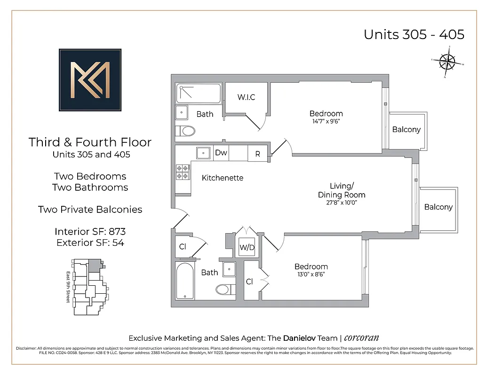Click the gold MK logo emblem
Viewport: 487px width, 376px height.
(x=90, y=80)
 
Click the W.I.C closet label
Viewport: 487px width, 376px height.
(x=246, y=97)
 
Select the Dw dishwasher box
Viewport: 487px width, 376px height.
(x=221, y=153)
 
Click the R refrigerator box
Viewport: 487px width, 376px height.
(x=258, y=154)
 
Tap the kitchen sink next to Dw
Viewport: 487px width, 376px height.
(x=203, y=153)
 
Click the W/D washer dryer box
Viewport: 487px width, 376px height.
(x=247, y=247)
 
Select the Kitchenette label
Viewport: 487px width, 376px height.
(x=223, y=178)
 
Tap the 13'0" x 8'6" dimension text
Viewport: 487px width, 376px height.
(x=311, y=274)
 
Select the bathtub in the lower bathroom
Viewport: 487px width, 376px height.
(x=184, y=281)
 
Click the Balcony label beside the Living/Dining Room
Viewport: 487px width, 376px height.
(x=438, y=207)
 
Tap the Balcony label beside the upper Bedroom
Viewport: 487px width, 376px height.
(x=406, y=129)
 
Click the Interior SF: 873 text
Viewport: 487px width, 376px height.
(x=90, y=232)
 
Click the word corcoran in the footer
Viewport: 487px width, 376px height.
(x=361, y=338)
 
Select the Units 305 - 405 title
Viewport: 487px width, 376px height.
(x=414, y=34)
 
